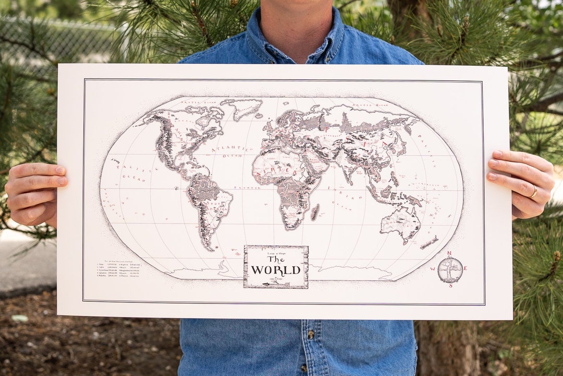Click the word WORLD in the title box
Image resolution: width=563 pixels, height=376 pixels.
click(276, 270)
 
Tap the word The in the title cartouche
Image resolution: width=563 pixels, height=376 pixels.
click(276, 259)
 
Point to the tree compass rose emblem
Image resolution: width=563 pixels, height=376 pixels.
click(450, 269)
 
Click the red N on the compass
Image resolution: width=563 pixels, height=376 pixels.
click(449, 254)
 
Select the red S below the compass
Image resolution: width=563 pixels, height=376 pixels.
click(450, 286)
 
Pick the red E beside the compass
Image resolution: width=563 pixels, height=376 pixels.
click(465, 268)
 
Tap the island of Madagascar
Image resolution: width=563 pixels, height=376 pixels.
click(314, 211)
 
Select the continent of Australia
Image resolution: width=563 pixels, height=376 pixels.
click(400, 222)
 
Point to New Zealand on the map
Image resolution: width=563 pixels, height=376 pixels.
click(429, 242)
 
